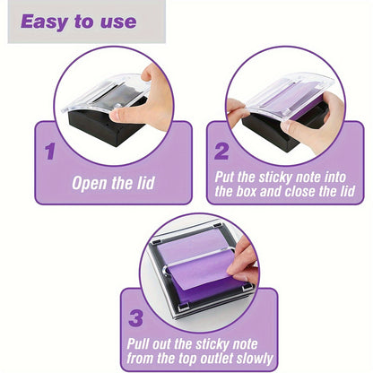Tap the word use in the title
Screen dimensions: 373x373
pyautogui.click(x=118, y=22)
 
